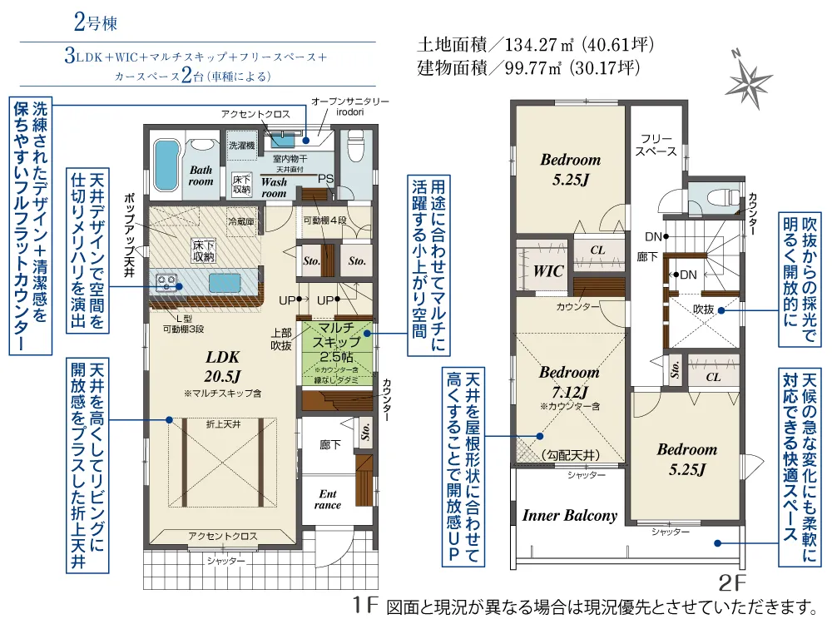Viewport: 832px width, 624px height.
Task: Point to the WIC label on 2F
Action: point(547,271)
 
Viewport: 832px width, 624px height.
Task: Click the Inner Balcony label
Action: point(569,516)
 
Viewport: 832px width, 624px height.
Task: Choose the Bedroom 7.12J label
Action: point(569,382)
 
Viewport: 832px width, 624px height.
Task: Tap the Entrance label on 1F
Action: point(328,499)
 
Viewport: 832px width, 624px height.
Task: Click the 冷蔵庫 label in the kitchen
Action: point(240,222)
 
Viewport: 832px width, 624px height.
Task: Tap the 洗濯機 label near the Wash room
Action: point(241,145)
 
